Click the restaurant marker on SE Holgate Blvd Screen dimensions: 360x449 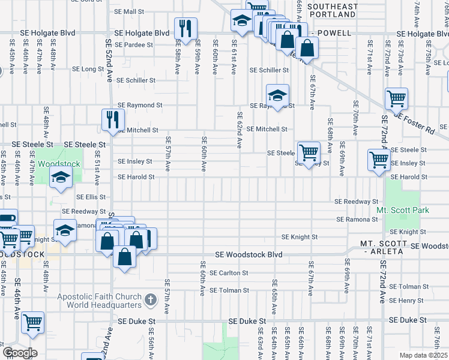(184, 28)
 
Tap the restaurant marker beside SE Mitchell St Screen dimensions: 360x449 (112, 119)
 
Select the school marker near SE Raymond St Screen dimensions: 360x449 (277, 95)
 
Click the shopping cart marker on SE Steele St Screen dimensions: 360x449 (309, 152)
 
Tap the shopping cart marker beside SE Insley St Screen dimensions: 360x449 (379, 160)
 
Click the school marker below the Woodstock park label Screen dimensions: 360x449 (61, 177)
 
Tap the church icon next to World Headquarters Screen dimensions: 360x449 (151, 298)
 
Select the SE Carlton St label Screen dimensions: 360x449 (229, 273)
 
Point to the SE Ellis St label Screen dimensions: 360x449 (91, 197)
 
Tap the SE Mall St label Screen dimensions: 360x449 (130, 11)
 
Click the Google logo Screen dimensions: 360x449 (20, 352)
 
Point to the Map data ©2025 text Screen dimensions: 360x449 (423, 355)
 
